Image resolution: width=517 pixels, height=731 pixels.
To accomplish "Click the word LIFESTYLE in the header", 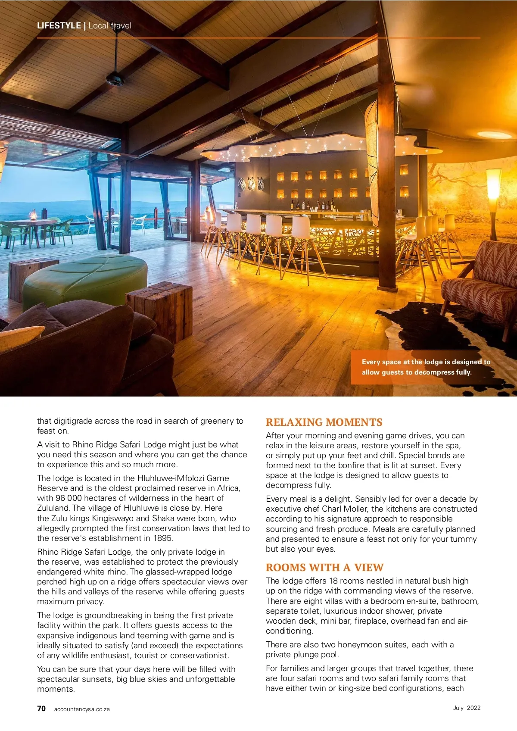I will pyautogui.click(x=59, y=25).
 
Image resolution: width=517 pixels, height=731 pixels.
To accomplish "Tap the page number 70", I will pyautogui.click(x=41, y=709).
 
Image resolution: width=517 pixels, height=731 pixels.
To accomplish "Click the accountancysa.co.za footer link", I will pyautogui.click(x=82, y=709).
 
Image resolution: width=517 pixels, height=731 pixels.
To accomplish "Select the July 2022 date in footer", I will pyautogui.click(x=467, y=708).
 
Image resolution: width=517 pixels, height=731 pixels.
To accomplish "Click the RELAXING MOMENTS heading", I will pyautogui.click(x=324, y=422).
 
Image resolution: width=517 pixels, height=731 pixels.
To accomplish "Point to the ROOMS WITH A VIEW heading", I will pyautogui.click(x=324, y=567).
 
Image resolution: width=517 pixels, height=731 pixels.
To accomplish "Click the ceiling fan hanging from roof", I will pyautogui.click(x=115, y=78).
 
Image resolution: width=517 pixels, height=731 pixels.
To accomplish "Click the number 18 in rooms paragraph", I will pyautogui.click(x=333, y=581).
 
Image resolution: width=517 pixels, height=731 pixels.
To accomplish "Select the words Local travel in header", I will pyautogui.click(x=110, y=25).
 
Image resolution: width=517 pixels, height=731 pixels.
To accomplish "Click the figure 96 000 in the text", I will pyautogui.click(x=69, y=498).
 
